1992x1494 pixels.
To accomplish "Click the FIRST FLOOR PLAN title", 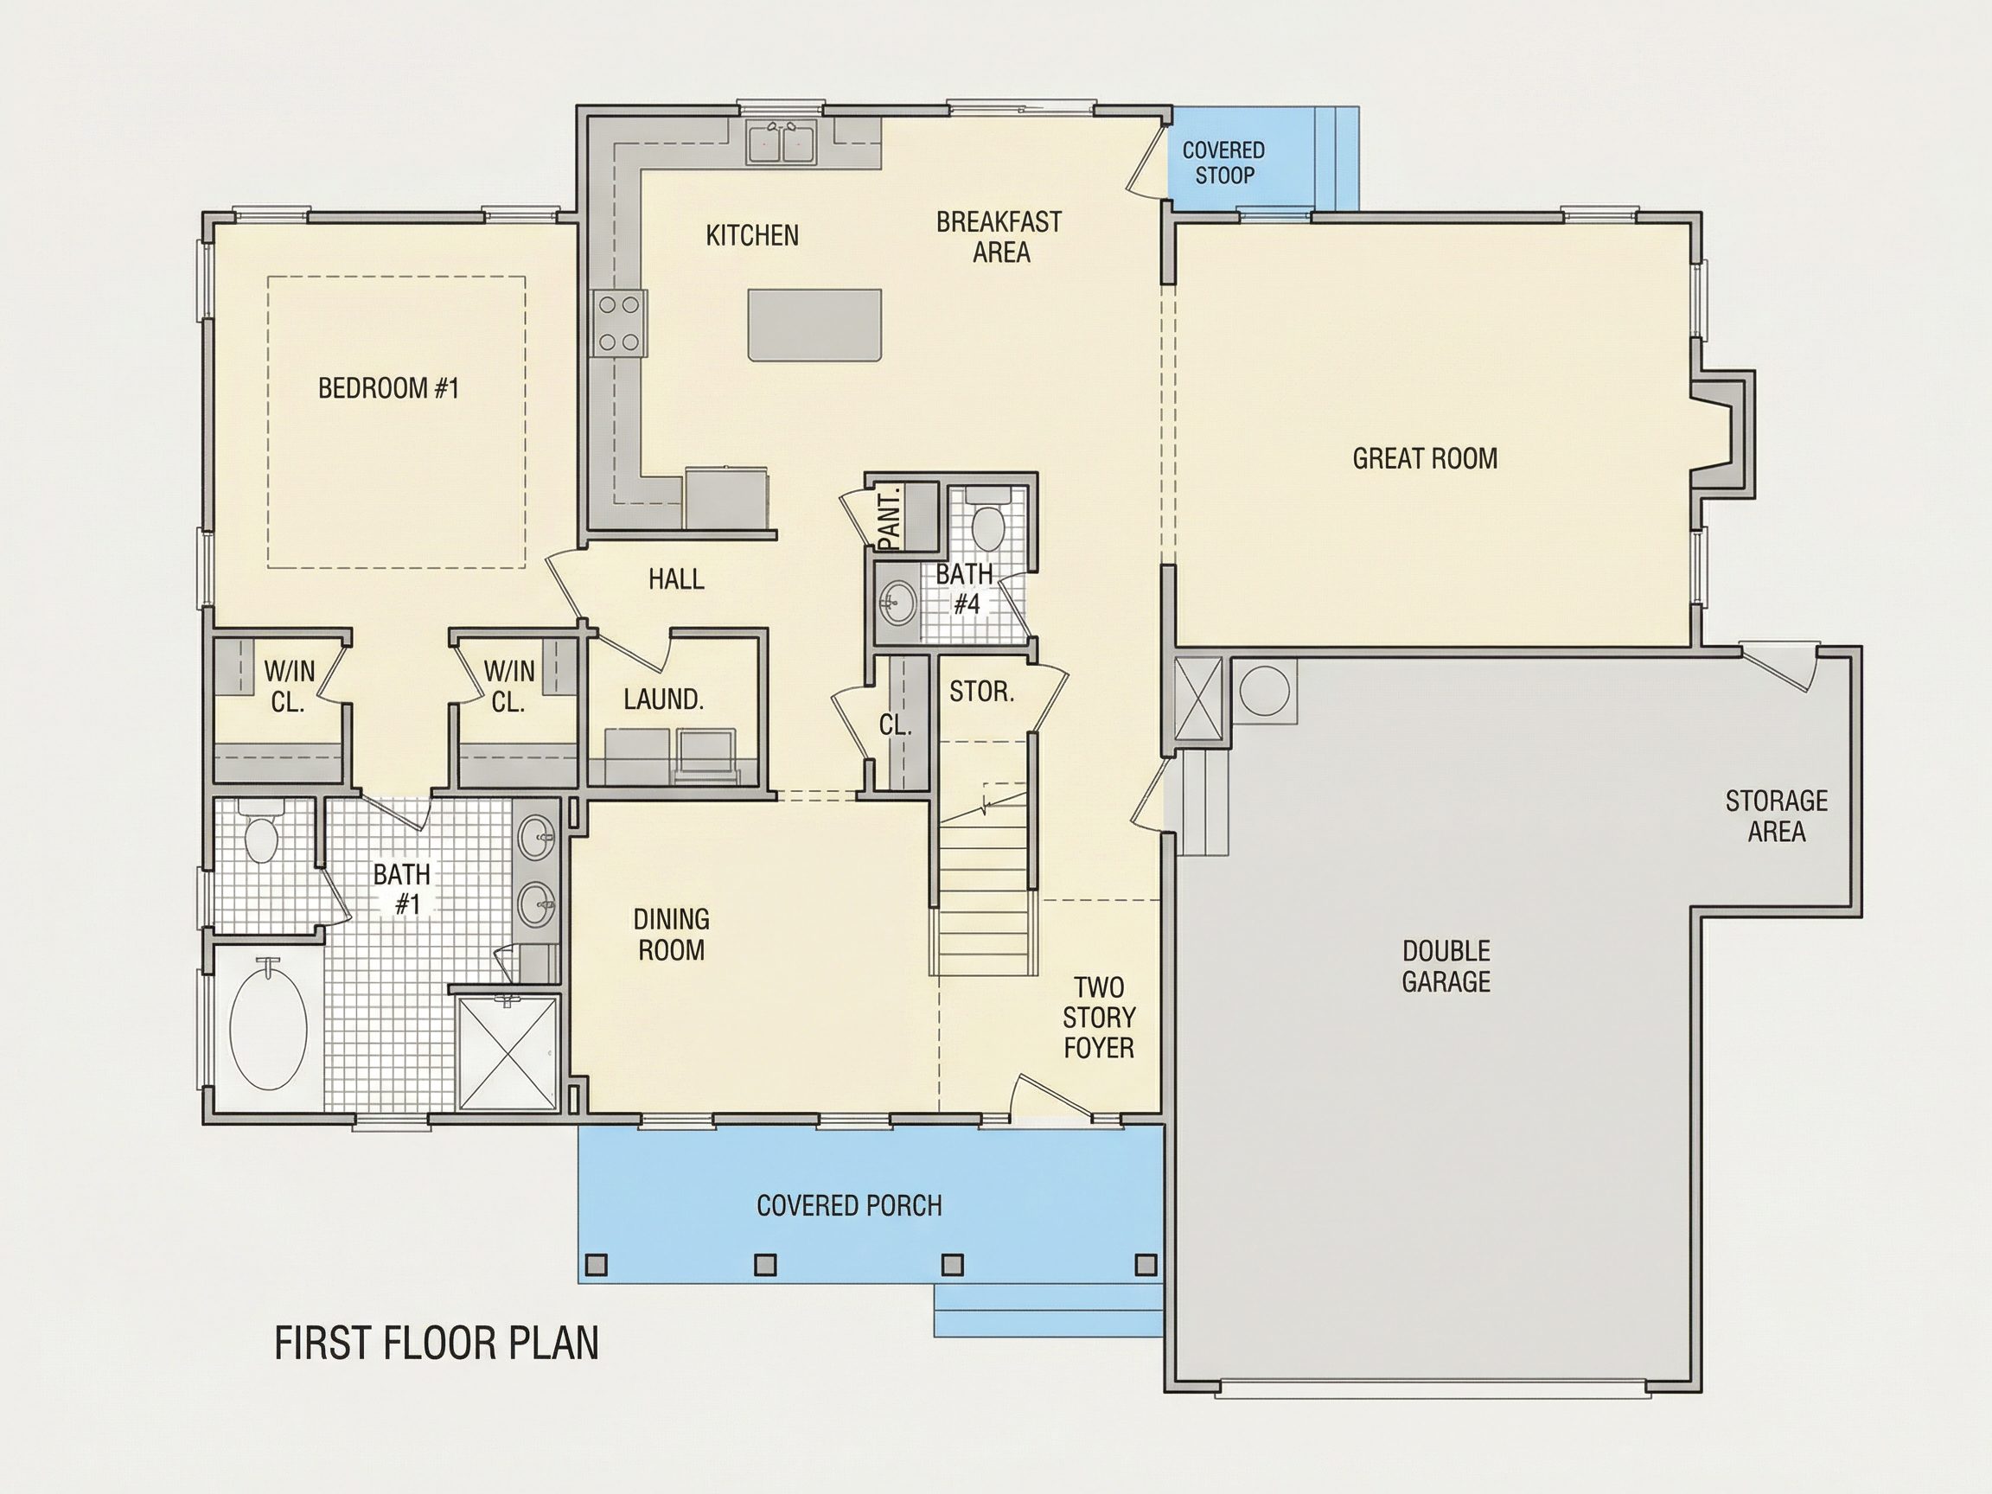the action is click(437, 1344).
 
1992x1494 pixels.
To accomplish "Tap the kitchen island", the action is click(814, 325).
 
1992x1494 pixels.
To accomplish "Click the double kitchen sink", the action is click(782, 144).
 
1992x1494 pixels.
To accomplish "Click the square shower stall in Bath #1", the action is click(508, 1053).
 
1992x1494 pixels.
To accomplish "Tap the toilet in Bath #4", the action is click(989, 522).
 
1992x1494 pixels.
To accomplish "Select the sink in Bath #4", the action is click(897, 602).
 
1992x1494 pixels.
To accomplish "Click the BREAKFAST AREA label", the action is click(999, 237).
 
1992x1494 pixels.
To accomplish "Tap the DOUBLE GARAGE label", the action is click(1446, 967).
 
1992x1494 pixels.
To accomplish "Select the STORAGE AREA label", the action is click(1777, 817).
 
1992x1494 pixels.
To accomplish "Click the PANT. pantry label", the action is click(891, 518).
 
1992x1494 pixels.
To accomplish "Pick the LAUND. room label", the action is click(664, 699).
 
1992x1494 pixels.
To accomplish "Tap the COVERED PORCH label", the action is click(849, 1206).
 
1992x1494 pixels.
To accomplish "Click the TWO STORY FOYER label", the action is click(1099, 1018).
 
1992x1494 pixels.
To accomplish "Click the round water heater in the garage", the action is click(1264, 691).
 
